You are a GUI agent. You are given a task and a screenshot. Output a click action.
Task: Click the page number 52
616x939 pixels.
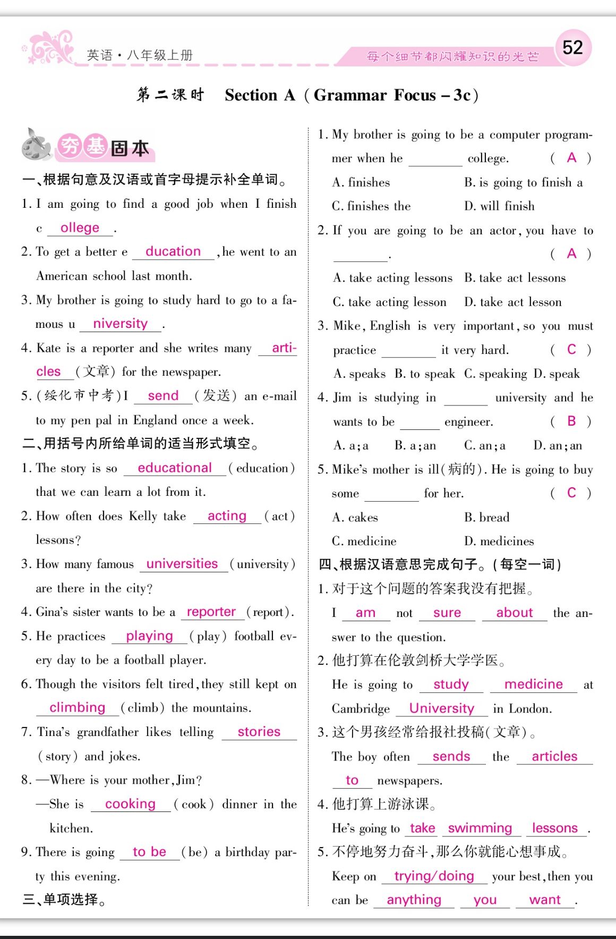click(572, 48)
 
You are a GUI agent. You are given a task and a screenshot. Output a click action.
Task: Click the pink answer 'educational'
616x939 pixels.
click(174, 468)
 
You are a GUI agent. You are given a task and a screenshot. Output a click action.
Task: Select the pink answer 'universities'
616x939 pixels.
click(182, 564)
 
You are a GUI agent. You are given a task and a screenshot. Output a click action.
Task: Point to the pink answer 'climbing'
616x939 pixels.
click(78, 708)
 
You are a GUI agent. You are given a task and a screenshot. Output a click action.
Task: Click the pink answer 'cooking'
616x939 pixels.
click(130, 804)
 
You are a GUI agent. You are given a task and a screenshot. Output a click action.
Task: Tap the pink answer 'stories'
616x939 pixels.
click(259, 732)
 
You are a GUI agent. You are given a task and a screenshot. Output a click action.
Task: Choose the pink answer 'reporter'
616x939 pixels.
click(211, 612)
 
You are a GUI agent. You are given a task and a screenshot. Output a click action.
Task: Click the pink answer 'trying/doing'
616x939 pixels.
click(434, 876)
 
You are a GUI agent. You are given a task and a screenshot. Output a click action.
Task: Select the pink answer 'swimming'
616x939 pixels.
click(480, 828)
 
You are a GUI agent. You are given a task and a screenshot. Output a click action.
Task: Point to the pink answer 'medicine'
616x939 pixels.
click(533, 684)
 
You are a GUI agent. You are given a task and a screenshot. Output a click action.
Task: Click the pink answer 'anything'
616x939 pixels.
click(414, 900)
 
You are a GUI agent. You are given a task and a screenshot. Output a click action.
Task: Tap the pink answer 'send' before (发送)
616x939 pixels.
click(163, 396)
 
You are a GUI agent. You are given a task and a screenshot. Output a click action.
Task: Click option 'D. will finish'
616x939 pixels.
click(499, 206)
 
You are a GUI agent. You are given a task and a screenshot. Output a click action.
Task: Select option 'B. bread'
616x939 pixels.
click(486, 518)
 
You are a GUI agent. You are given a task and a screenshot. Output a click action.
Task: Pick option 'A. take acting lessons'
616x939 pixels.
click(392, 278)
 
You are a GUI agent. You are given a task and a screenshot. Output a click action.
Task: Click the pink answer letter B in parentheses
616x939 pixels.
click(571, 421)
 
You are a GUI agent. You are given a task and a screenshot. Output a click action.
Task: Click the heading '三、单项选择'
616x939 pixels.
click(64, 900)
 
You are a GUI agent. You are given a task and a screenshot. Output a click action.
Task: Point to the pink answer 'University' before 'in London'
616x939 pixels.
click(442, 708)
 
